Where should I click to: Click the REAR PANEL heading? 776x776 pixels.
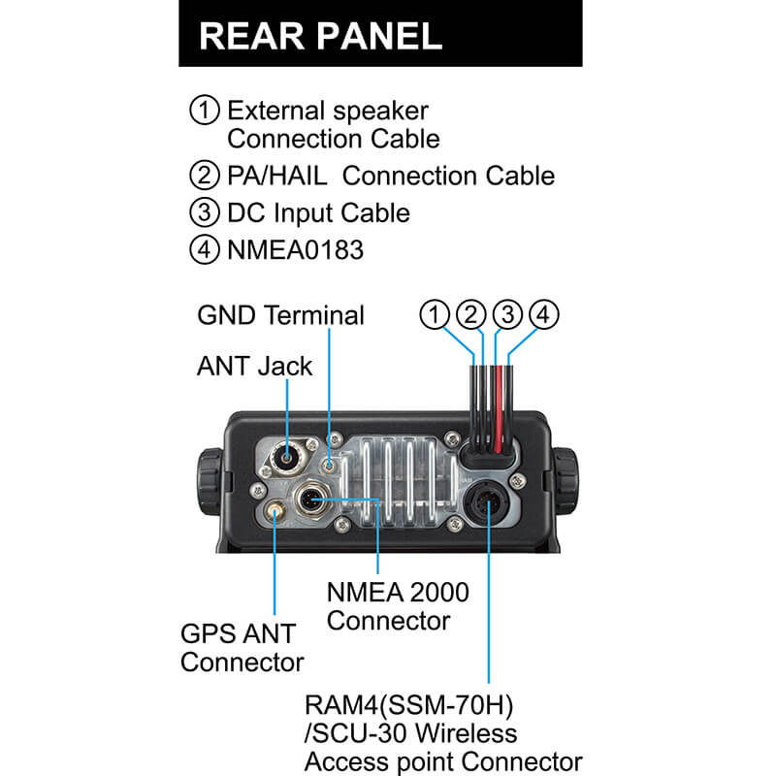click(320, 36)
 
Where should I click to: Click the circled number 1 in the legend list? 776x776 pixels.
click(205, 110)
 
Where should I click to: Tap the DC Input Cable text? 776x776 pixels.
click(318, 213)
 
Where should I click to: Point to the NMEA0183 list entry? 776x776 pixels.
click(295, 250)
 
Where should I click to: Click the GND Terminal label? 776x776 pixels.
click(280, 316)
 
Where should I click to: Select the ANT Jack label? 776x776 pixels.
click(254, 366)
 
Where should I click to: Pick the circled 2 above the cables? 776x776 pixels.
click(471, 314)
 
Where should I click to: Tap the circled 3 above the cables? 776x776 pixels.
click(507, 314)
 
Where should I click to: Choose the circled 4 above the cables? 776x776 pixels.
click(543, 314)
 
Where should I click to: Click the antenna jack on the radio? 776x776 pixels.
click(287, 452)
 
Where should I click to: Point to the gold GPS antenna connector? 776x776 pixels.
click(275, 510)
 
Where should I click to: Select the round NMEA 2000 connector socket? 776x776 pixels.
click(316, 501)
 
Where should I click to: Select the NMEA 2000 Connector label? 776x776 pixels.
click(398, 605)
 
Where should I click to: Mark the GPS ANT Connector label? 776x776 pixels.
click(242, 649)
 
